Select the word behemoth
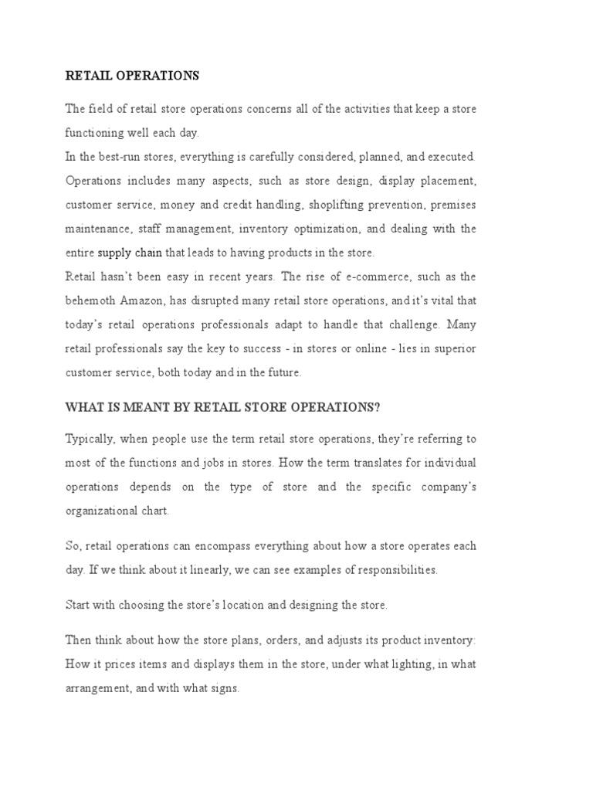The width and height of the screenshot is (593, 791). click(90, 300)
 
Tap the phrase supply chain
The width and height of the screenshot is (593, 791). click(130, 252)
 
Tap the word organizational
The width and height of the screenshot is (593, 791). click(101, 511)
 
